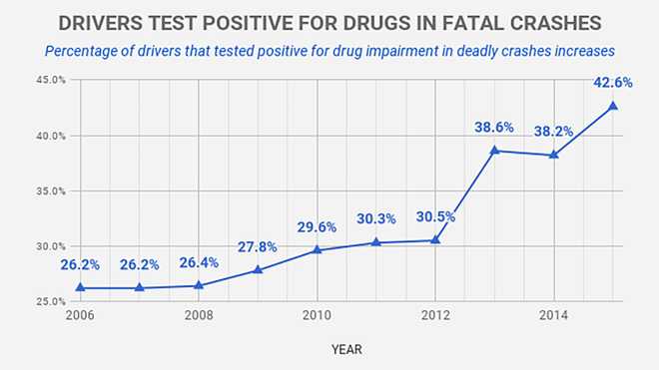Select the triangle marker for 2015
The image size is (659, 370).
613,106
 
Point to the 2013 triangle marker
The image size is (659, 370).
495,150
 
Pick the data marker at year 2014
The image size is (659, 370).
554,155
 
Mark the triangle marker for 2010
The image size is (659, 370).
318,249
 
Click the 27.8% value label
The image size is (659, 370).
259,247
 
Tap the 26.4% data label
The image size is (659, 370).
199,263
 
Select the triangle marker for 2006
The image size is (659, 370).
80,287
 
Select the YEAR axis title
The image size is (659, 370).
346,349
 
